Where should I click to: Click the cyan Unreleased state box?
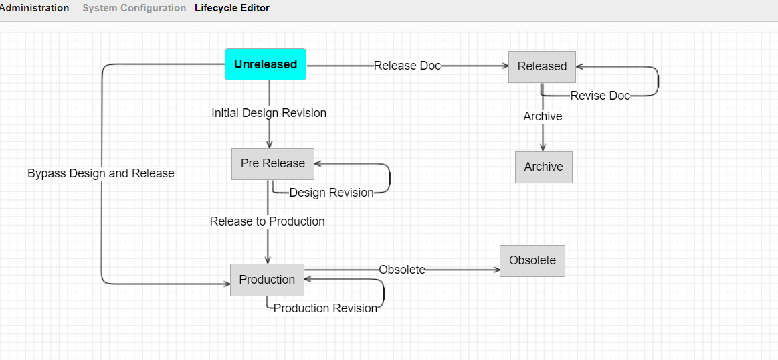click(x=266, y=64)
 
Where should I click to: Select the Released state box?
click(x=542, y=66)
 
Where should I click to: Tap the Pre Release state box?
click(x=273, y=163)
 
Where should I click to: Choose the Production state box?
click(x=267, y=280)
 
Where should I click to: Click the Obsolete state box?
click(x=532, y=260)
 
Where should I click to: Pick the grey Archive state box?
click(x=543, y=167)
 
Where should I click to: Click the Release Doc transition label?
click(x=407, y=66)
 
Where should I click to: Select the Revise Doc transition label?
click(x=600, y=96)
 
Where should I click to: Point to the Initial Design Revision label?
click(x=269, y=113)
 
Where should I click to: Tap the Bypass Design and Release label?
click(x=101, y=173)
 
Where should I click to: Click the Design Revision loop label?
click(x=331, y=193)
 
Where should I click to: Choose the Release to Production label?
click(x=267, y=221)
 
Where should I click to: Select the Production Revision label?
click(x=325, y=308)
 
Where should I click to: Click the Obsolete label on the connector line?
click(x=402, y=270)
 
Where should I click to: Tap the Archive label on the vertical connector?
click(x=543, y=116)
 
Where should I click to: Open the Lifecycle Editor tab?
click(x=232, y=8)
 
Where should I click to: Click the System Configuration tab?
click(x=134, y=8)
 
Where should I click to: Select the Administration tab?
click(x=34, y=8)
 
